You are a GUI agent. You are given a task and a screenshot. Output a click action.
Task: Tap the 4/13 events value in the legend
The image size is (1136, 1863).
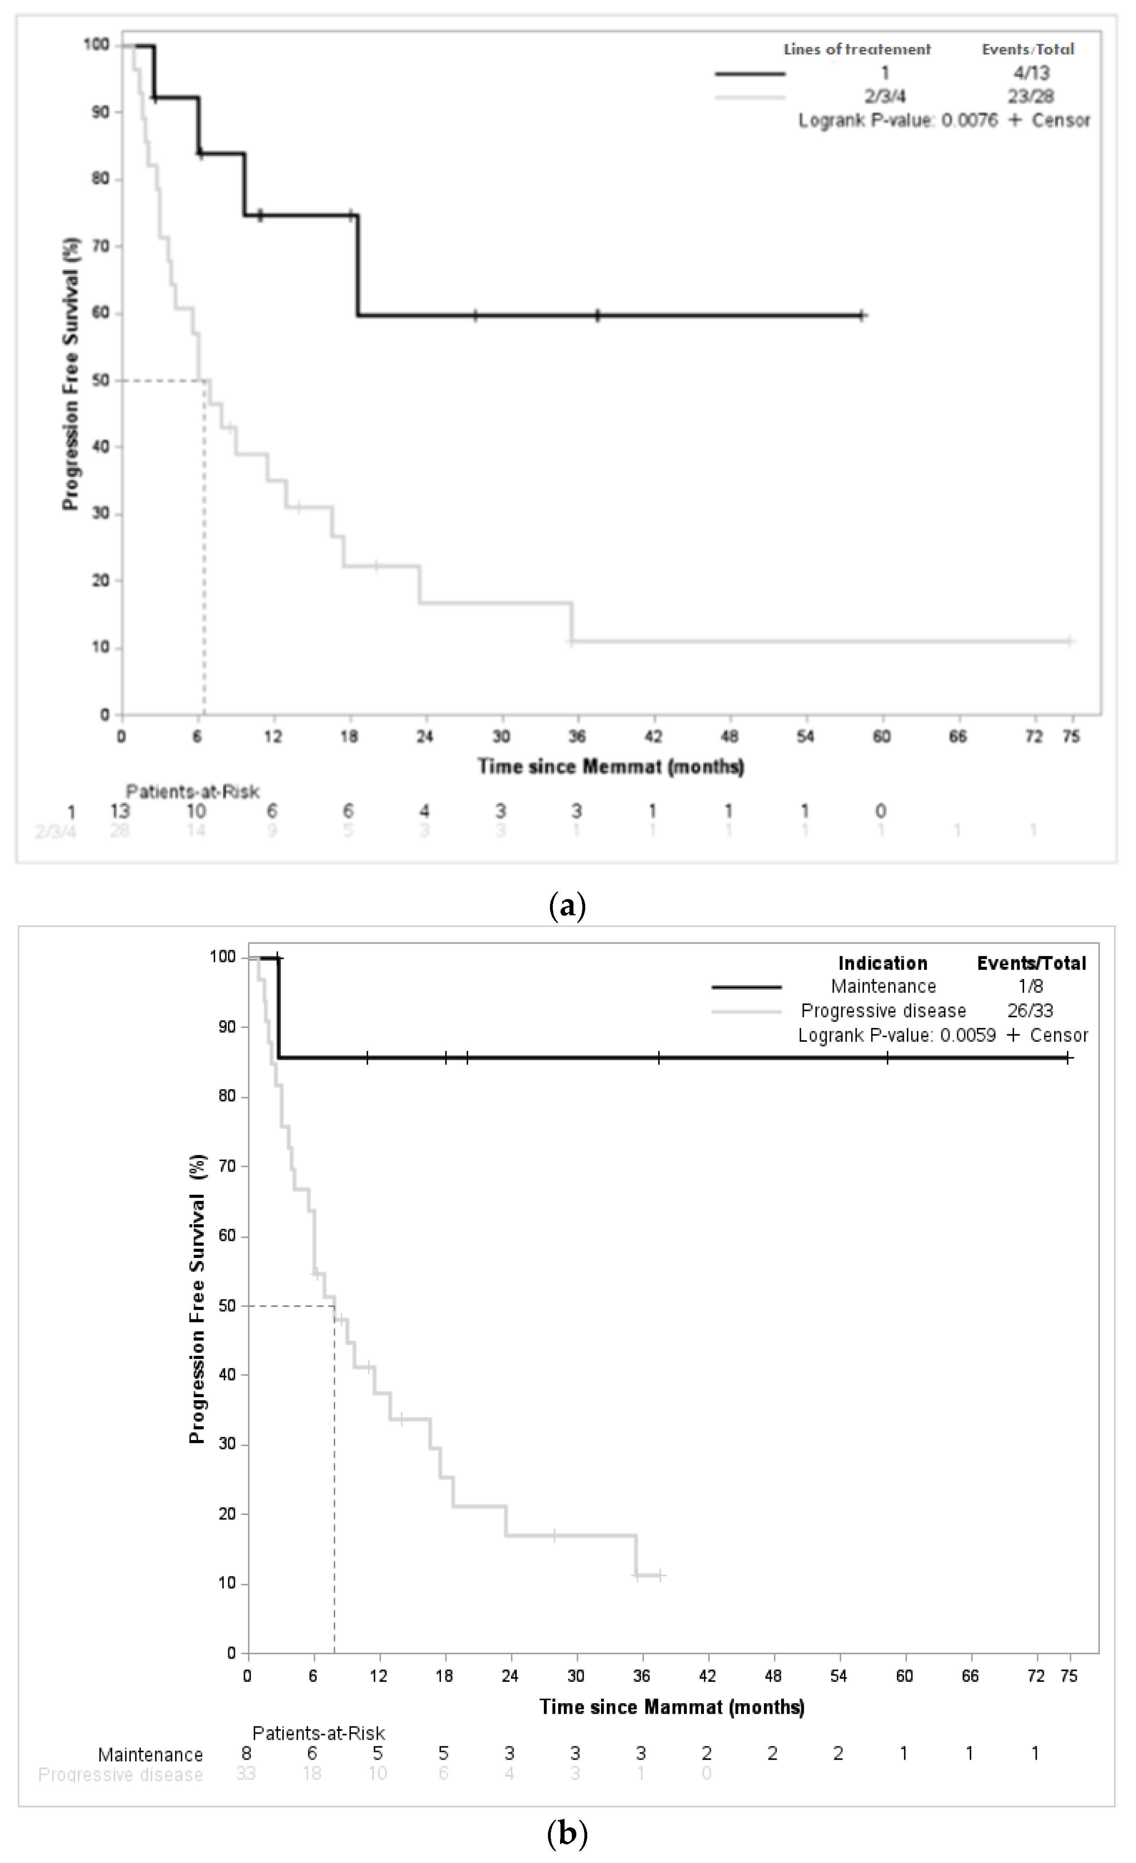point(1031,73)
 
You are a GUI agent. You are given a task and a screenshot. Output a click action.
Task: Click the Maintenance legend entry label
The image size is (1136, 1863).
point(883,987)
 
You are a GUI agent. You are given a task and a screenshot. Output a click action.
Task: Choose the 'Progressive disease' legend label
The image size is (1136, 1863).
point(883,1011)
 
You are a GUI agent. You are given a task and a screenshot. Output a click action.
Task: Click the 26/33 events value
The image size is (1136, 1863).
point(1029,1011)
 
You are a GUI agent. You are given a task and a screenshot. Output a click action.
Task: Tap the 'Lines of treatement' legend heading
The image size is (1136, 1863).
point(857,50)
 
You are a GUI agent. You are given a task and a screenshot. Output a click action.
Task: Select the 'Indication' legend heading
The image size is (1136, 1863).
point(882,963)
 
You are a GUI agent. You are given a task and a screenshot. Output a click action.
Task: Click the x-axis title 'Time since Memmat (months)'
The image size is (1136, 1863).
point(611,767)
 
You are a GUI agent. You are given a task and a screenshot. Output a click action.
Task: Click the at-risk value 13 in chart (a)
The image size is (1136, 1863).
point(120,811)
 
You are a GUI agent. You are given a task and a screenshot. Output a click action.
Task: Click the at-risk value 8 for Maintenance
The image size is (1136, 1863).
point(246,1754)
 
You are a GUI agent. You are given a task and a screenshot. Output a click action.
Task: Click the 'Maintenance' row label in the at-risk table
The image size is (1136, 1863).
point(150,1754)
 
